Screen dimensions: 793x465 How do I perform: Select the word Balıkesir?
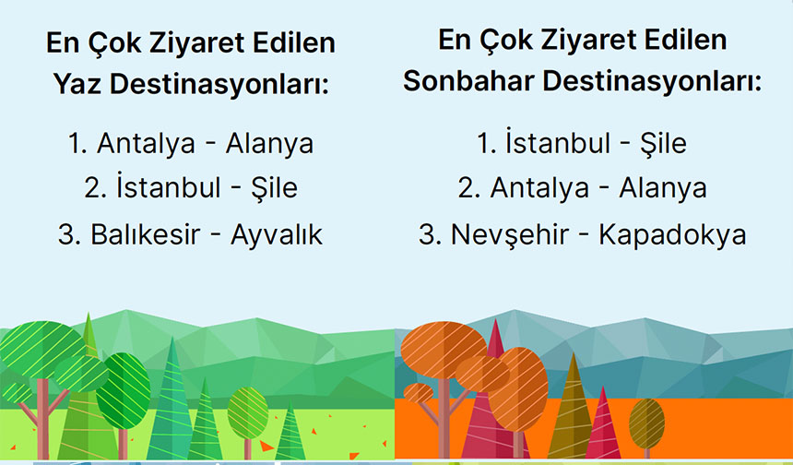(146, 234)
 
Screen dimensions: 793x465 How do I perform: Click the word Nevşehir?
(510, 234)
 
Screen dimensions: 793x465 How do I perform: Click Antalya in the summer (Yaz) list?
(147, 144)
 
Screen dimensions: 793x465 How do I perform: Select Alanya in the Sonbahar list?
(663, 188)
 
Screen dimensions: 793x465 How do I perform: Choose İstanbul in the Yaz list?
(169, 187)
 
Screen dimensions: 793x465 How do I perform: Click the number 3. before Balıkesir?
(70, 234)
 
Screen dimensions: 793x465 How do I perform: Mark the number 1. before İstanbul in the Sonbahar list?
(486, 144)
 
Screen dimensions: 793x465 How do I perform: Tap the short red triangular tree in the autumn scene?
(603, 425)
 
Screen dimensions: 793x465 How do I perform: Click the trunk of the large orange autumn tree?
(444, 420)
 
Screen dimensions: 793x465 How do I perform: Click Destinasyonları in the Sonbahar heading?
(652, 82)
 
